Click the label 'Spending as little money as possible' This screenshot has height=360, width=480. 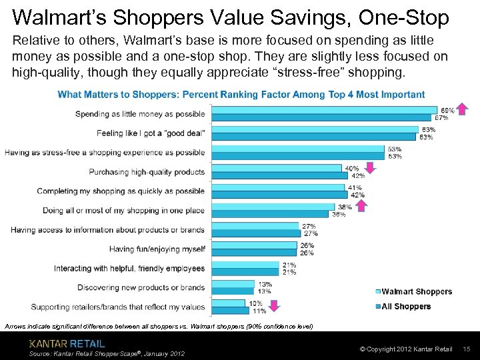(140, 114)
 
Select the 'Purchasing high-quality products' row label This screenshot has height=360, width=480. (147, 172)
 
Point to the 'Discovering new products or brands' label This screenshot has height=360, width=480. (141, 287)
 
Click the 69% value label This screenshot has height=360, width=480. (447, 110)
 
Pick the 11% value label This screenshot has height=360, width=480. (259, 311)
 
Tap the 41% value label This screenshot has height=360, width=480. (355, 187)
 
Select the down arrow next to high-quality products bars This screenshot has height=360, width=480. (371, 168)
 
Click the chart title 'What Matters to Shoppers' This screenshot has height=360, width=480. (241, 95)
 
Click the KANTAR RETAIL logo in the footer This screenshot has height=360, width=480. (67, 343)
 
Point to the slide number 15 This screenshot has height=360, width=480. (467, 349)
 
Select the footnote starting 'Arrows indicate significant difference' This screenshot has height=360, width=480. (157, 326)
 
